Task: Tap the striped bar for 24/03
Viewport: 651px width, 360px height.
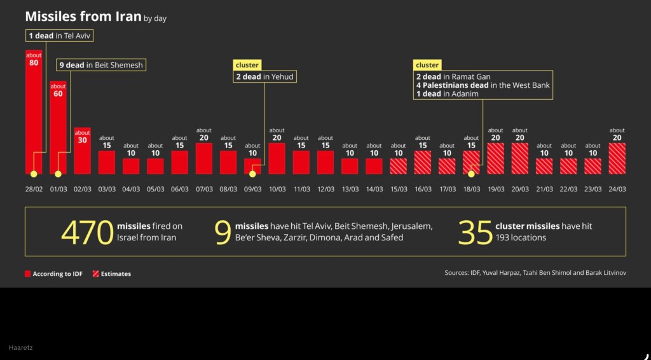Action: (617, 158)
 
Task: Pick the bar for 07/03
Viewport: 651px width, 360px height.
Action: (204, 158)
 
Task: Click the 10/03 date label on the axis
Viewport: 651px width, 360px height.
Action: (277, 190)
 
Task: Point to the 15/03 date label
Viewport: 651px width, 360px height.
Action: (399, 190)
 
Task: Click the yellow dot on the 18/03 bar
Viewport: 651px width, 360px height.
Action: (471, 173)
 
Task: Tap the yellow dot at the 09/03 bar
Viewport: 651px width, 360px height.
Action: (252, 173)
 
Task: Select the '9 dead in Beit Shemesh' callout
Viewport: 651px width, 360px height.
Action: (102, 65)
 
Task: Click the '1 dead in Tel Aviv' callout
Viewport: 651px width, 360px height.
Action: (60, 36)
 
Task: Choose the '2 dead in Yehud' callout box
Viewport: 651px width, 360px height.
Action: (265, 77)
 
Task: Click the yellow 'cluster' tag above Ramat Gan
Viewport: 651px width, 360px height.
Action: (427, 65)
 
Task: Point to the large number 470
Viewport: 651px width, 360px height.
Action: (86, 232)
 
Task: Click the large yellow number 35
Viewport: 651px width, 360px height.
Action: (474, 232)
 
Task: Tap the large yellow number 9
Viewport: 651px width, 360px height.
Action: (223, 232)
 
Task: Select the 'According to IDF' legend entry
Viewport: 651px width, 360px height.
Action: (55, 273)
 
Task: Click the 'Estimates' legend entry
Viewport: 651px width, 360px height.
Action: (112, 273)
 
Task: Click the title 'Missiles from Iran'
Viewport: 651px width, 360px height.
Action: (83, 17)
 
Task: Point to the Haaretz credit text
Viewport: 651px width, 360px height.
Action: (21, 348)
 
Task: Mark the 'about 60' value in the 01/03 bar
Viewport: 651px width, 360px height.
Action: (58, 90)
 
